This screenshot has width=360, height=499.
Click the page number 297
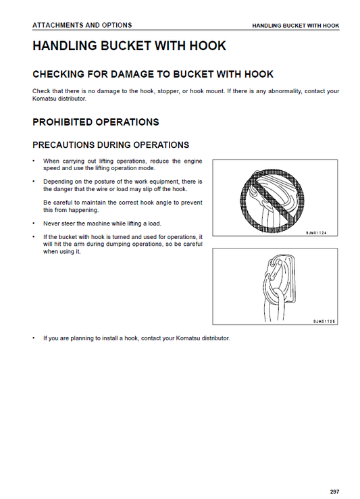tap(334, 492)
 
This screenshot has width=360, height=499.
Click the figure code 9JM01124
tap(316, 233)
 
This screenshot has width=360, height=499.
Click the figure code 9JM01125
tap(324, 321)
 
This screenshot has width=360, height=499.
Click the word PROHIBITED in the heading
tap(63, 122)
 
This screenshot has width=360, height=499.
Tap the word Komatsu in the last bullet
tap(188, 338)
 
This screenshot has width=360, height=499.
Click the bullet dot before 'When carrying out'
tap(34, 161)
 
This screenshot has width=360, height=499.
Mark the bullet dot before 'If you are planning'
tap(34, 338)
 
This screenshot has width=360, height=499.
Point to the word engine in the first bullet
tap(193, 161)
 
